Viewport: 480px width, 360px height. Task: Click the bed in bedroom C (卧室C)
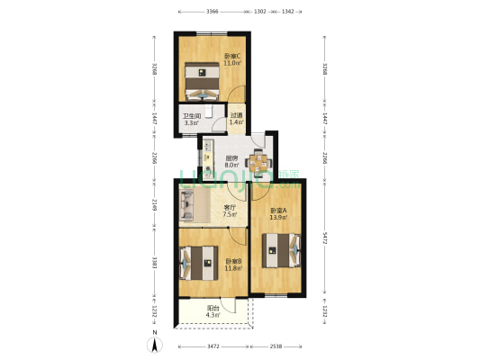203,84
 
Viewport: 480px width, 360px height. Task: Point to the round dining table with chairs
258,164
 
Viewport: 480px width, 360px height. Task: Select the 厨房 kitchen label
231,158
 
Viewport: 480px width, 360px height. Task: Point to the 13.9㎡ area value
278,218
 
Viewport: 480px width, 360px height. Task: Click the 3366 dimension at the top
212,12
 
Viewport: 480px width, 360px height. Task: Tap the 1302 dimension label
259,12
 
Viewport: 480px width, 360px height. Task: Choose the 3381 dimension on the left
155,262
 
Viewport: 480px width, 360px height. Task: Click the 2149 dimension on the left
155,204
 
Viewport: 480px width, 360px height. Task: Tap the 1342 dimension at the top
287,12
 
